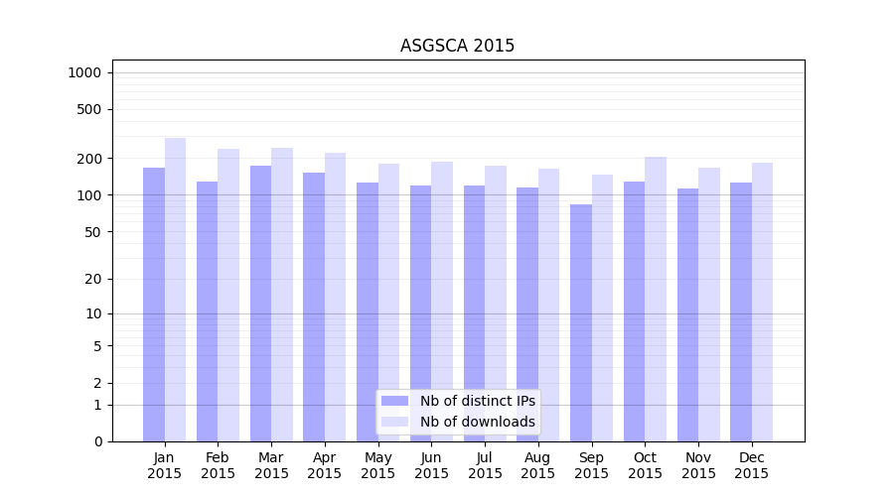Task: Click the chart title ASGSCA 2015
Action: pyautogui.click(x=457, y=46)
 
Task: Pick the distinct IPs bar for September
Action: pyautogui.click(x=581, y=322)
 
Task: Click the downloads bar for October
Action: pyautogui.click(x=656, y=299)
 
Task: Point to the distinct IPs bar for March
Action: pyautogui.click(x=260, y=304)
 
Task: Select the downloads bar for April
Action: pyautogui.click(x=336, y=297)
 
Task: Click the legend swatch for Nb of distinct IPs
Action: pyautogui.click(x=395, y=401)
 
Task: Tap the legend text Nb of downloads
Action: pyautogui.click(x=477, y=422)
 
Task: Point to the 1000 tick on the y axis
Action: pyautogui.click(x=84, y=72)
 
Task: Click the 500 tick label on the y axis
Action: pyautogui.click(x=88, y=109)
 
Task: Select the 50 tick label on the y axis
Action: pyautogui.click(x=92, y=232)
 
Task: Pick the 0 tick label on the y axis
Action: pyautogui.click(x=97, y=441)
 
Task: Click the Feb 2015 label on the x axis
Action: pyautogui.click(x=218, y=465)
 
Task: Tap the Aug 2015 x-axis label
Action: pyautogui.click(x=538, y=465)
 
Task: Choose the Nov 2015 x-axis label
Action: pyautogui.click(x=698, y=465)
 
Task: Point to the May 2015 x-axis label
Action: pyautogui.click(x=378, y=465)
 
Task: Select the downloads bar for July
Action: pyautogui.click(x=496, y=304)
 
